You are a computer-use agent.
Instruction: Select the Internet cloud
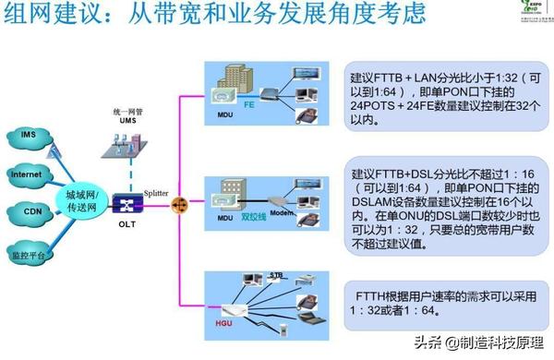25,174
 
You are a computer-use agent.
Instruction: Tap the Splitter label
156,191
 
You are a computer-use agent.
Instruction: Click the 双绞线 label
252,221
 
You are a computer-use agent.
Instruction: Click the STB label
275,276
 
